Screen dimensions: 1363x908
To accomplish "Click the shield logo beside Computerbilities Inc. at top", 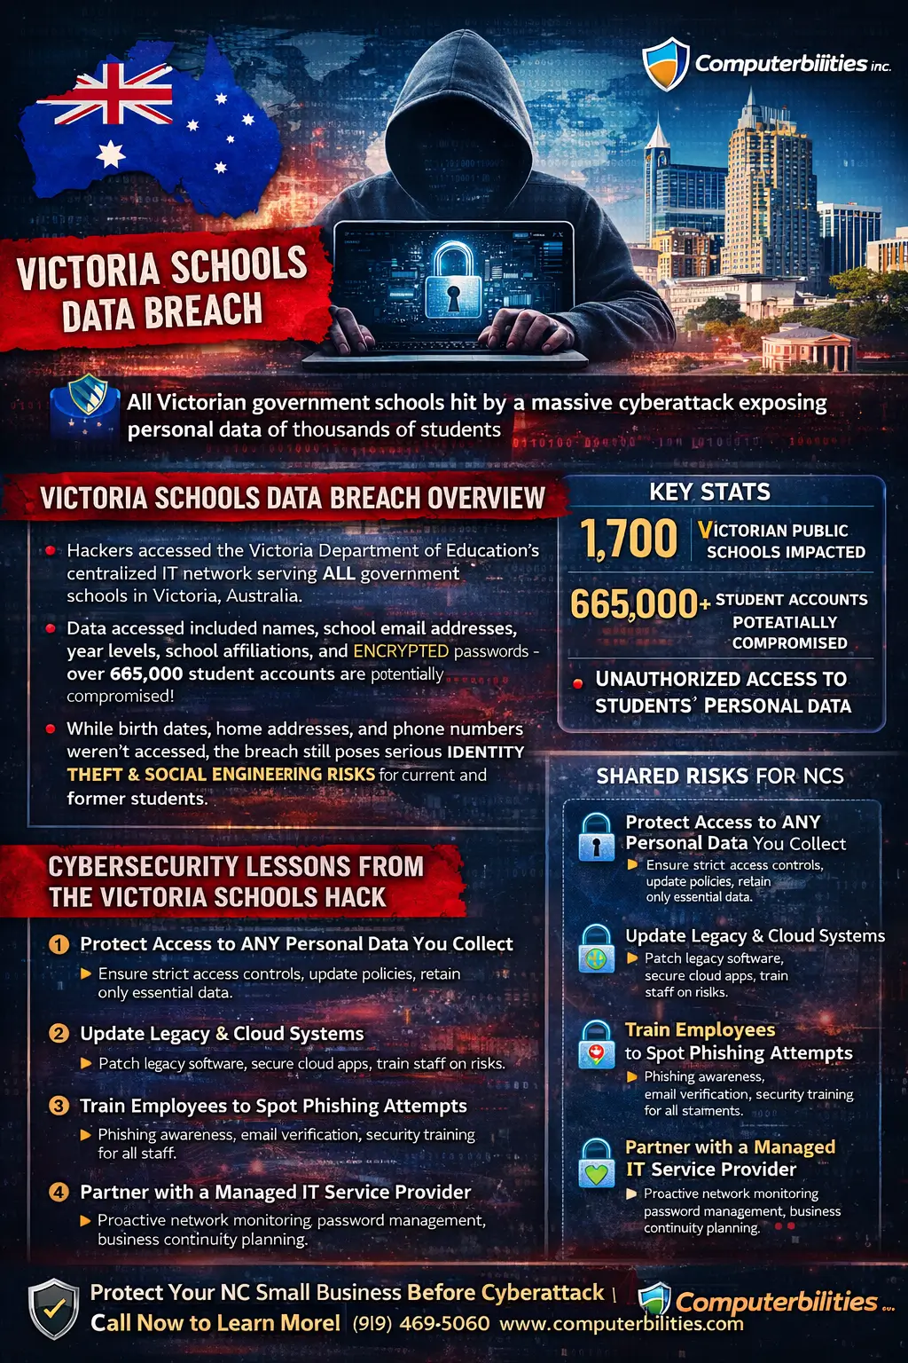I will pyautogui.click(x=666, y=63).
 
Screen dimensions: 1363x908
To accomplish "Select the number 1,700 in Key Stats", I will pyautogui.click(x=629, y=539).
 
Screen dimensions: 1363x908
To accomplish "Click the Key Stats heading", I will pyautogui.click(x=709, y=492).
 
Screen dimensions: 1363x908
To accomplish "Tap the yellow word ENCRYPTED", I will pyautogui.click(x=401, y=651).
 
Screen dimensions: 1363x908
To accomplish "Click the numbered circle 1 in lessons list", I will pyautogui.click(x=59, y=944).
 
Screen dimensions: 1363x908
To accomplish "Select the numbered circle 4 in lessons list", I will pyautogui.click(x=59, y=1192).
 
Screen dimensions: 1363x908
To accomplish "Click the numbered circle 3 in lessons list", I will pyautogui.click(x=59, y=1106).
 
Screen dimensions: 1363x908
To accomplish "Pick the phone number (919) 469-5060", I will pyautogui.click(x=421, y=1324).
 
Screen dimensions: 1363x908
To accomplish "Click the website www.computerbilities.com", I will pyautogui.click(x=621, y=1324).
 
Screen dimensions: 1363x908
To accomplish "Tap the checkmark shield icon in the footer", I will pyautogui.click(x=53, y=1309).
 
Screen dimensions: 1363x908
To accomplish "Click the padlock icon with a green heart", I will pyautogui.click(x=597, y=1163).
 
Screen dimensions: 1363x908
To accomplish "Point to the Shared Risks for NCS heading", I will pyautogui.click(x=720, y=776).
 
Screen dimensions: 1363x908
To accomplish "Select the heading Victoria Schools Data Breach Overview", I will pyautogui.click(x=292, y=499).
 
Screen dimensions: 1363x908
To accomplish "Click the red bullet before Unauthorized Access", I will pyautogui.click(x=578, y=683).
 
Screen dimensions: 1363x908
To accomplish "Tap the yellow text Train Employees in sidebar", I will pyautogui.click(x=700, y=1030).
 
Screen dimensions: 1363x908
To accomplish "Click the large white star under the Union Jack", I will pyautogui.click(x=111, y=154).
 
